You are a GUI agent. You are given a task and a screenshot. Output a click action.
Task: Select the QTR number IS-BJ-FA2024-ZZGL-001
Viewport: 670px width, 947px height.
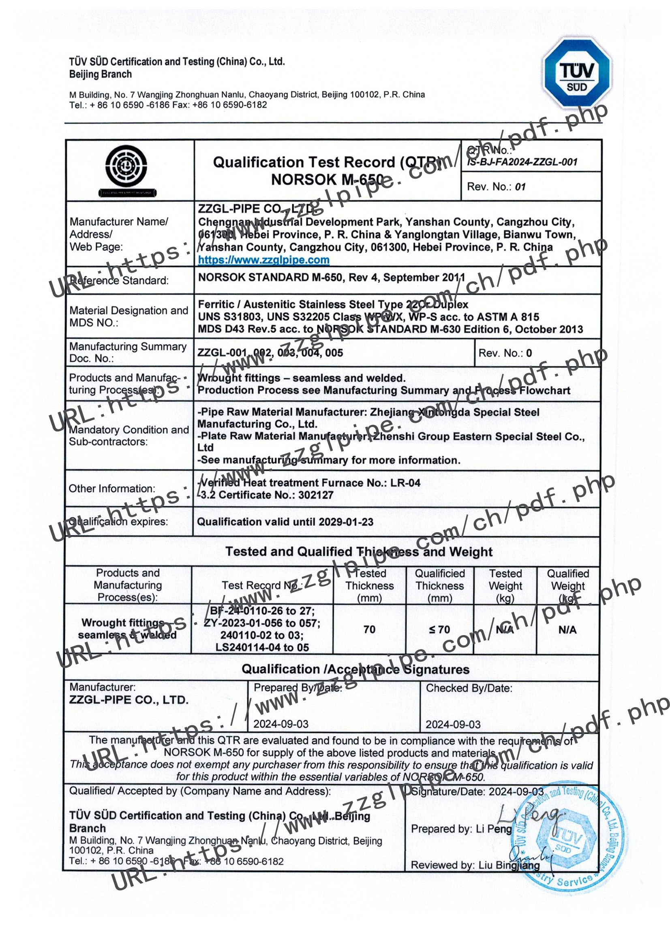click(x=522, y=162)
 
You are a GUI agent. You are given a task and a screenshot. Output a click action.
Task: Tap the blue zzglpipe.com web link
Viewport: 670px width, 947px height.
click(x=263, y=260)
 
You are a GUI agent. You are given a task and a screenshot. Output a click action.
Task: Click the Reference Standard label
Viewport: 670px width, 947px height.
click(x=119, y=280)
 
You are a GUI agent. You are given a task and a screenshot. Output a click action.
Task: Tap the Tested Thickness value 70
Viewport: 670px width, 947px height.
click(x=369, y=629)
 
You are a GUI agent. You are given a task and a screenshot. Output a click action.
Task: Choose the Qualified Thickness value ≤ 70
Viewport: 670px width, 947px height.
click(x=439, y=629)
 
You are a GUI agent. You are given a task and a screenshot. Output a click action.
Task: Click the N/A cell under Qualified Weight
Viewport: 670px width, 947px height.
click(x=567, y=630)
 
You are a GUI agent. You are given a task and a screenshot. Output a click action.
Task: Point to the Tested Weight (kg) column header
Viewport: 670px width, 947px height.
click(x=505, y=586)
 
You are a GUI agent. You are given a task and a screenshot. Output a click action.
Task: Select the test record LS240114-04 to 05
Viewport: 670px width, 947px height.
click(x=262, y=648)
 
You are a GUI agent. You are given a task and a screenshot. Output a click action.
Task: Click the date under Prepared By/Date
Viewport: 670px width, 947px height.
click(x=281, y=724)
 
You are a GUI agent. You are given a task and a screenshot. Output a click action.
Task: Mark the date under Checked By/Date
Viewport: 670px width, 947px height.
click(x=453, y=725)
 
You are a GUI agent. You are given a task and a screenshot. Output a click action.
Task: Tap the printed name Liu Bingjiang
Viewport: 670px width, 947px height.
click(x=509, y=865)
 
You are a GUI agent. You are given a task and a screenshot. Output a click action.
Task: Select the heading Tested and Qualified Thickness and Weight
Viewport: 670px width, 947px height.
click(x=359, y=552)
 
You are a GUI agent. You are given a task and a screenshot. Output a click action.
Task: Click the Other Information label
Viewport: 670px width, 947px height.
click(x=112, y=489)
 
